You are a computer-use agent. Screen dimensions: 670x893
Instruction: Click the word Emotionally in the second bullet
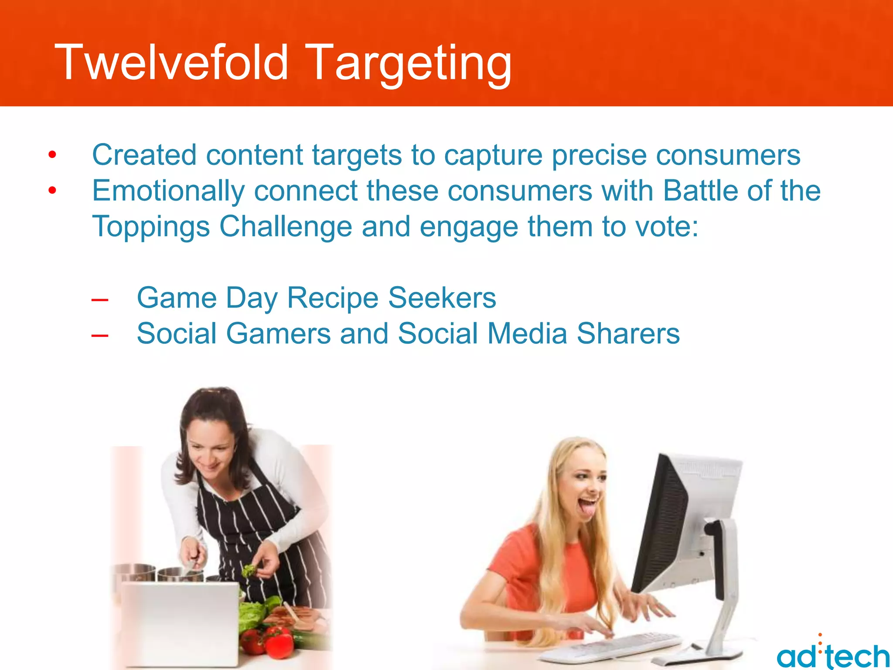tap(168, 192)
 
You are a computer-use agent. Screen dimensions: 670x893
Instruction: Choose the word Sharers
tap(628, 334)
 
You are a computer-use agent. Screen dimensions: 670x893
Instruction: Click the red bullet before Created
tap(52, 155)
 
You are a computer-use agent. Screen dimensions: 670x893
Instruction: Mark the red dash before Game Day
tap(100, 300)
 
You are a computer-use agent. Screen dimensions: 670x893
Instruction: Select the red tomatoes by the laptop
tap(270, 641)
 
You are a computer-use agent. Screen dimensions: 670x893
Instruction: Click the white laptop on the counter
tap(179, 624)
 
